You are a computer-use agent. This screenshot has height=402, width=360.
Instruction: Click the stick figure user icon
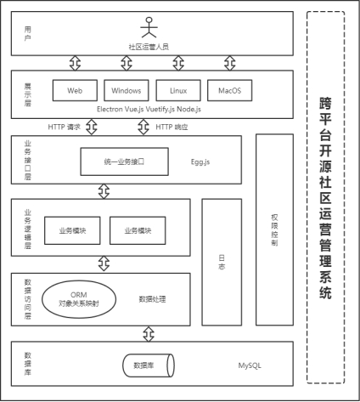click(x=149, y=27)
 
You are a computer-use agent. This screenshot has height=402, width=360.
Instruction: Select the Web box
click(x=75, y=90)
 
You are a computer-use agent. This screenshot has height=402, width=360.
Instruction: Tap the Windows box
click(x=127, y=90)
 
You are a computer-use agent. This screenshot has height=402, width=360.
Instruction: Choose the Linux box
click(x=178, y=90)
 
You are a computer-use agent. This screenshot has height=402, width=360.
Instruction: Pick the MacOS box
click(x=229, y=90)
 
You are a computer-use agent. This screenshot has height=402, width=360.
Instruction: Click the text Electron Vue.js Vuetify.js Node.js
click(x=149, y=110)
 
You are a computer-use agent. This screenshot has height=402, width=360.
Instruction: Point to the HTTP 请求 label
click(x=65, y=127)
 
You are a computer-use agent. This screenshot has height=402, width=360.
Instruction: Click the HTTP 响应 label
click(x=172, y=127)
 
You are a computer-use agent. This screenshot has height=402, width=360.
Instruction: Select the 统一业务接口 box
click(x=125, y=161)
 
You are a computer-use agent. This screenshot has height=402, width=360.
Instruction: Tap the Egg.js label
click(x=200, y=162)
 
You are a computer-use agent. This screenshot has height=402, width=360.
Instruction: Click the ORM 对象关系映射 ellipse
click(x=79, y=299)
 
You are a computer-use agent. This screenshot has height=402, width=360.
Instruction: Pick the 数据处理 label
click(x=152, y=299)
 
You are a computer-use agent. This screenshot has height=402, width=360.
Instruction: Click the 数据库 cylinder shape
click(x=149, y=365)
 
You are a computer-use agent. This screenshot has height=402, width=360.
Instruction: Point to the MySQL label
click(x=250, y=365)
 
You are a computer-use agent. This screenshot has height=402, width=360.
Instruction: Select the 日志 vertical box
click(x=222, y=262)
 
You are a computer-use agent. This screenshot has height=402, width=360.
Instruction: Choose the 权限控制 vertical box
click(x=274, y=229)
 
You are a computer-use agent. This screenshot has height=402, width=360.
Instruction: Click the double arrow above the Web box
click(x=75, y=63)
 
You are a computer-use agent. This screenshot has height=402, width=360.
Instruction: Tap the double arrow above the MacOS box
click(x=230, y=63)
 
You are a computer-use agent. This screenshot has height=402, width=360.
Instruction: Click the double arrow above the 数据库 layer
click(x=149, y=334)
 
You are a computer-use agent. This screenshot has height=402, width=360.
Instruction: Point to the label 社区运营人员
click(x=149, y=47)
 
